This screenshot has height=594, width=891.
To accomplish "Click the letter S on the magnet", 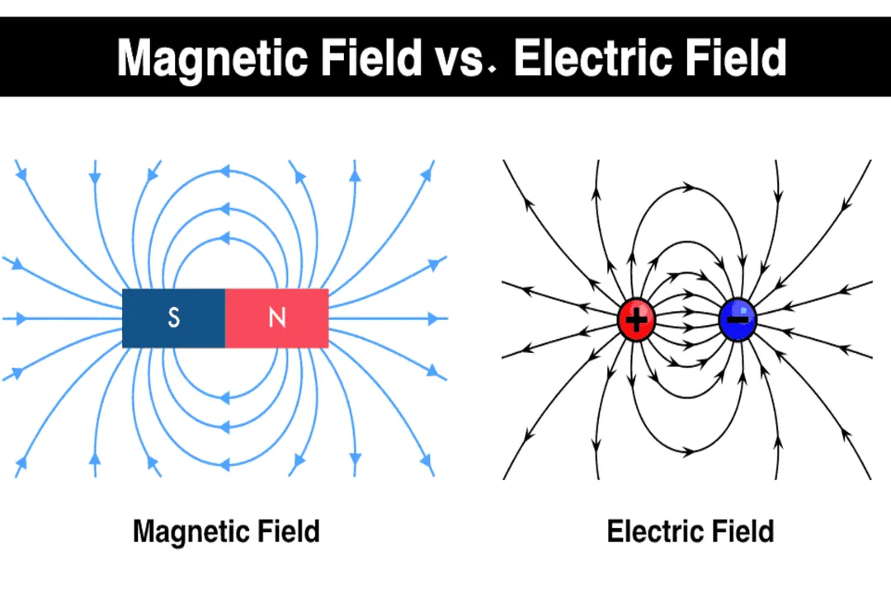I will (173, 318).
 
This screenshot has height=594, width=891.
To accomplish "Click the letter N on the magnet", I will (277, 318).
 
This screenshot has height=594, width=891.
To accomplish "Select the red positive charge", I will (636, 320).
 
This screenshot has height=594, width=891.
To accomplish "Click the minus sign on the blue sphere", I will (740, 318).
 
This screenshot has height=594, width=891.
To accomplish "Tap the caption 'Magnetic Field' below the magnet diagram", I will (225, 530).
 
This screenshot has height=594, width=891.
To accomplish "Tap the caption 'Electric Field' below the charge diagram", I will (690, 530).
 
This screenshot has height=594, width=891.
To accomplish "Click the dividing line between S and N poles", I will (225, 318).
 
